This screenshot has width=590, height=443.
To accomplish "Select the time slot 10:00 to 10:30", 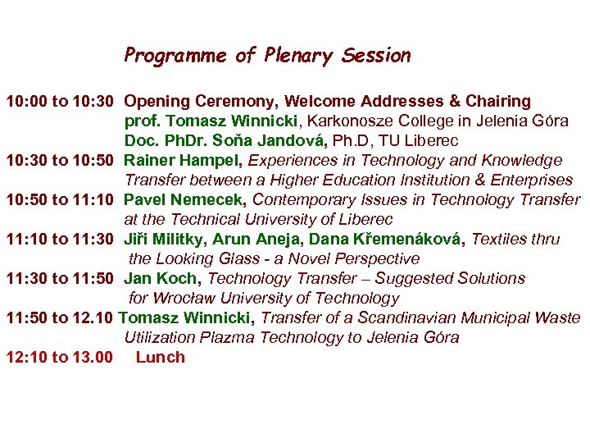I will click(x=60, y=102).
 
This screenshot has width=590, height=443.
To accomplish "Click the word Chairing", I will click(x=498, y=102).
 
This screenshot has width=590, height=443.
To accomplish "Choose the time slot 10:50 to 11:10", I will click(x=60, y=200).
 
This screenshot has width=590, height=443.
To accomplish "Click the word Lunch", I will click(x=161, y=358).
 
